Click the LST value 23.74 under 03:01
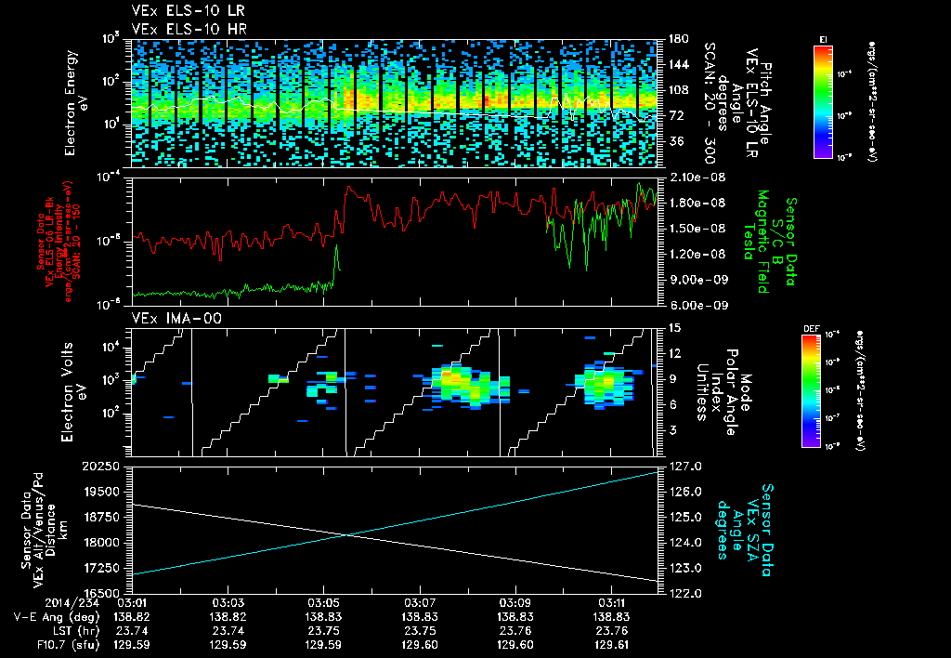tap(132, 629)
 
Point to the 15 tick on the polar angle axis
tap(672, 328)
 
